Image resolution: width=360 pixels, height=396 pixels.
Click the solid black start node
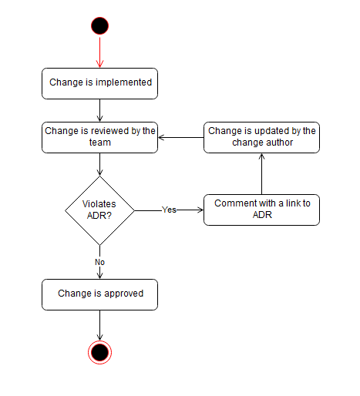pyautogui.click(x=99, y=25)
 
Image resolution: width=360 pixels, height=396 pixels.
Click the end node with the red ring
pyautogui.click(x=99, y=352)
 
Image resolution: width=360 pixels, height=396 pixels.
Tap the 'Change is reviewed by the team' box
pyautogui.click(x=100, y=136)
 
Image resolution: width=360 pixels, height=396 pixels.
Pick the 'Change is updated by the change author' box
pyautogui.click(x=261, y=136)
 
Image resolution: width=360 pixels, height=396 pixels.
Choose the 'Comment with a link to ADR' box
pyautogui.click(x=261, y=210)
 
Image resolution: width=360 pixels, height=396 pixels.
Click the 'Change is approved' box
pyautogui.click(x=100, y=294)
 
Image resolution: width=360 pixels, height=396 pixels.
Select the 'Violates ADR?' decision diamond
pyautogui.click(x=99, y=210)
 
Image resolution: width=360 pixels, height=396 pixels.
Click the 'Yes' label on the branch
pyautogui.click(x=169, y=210)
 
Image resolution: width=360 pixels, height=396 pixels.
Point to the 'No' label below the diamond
pyautogui.click(x=99, y=262)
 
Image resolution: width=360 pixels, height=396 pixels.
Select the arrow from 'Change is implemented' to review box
pyautogui.click(x=99, y=110)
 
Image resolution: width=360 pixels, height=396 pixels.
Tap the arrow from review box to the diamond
pyautogui.click(x=99, y=163)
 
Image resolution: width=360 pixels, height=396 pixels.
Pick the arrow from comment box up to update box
pyautogui.click(x=261, y=173)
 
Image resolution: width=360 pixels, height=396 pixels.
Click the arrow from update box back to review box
pyautogui.click(x=180, y=137)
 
